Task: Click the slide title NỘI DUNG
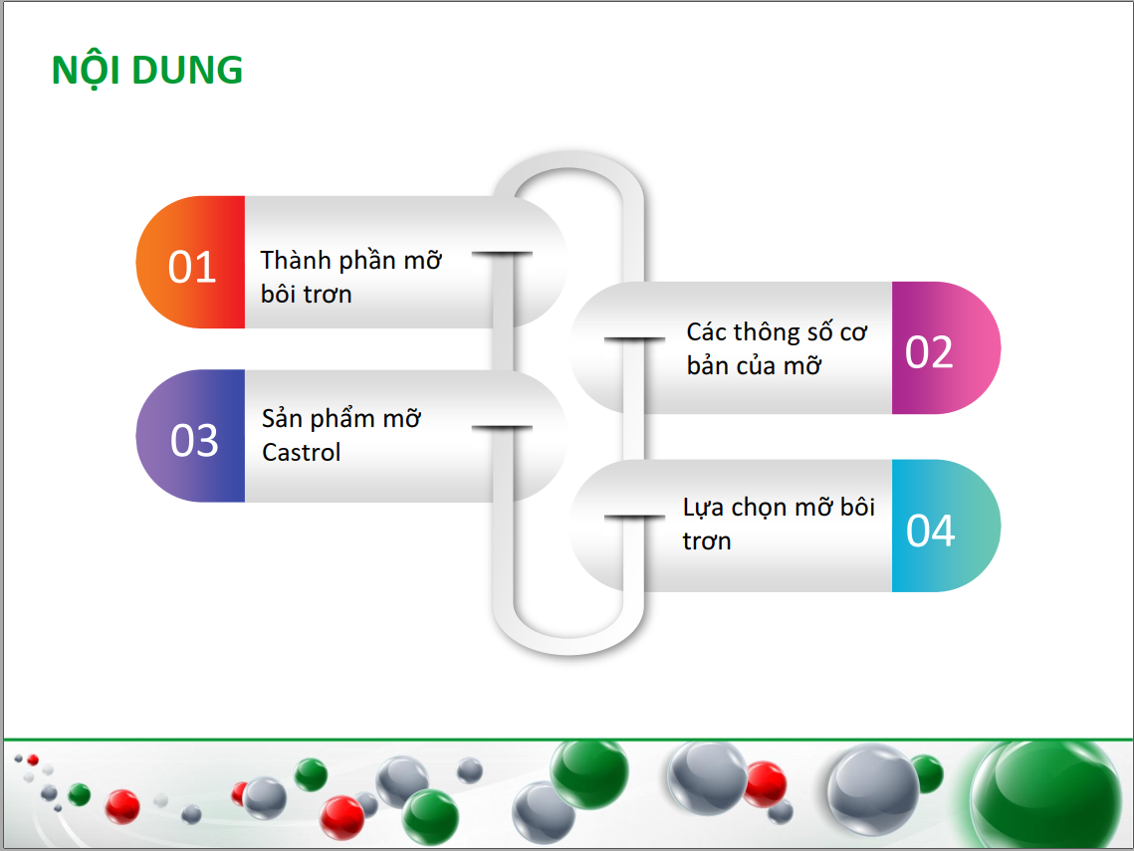tap(147, 71)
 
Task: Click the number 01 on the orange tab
tap(192, 267)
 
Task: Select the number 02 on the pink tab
tap(929, 352)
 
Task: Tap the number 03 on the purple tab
tap(194, 440)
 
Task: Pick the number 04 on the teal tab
tap(931, 530)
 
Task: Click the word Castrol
tap(301, 453)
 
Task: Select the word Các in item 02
tap(707, 331)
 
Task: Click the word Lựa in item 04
tap(704, 509)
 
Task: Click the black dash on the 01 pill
tap(502, 254)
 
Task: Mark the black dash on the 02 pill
tap(634, 338)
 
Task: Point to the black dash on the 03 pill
tap(502, 428)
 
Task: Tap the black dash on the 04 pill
tap(634, 517)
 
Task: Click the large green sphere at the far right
tap(1046, 794)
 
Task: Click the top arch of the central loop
tap(569, 160)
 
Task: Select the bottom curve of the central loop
tap(569, 646)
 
